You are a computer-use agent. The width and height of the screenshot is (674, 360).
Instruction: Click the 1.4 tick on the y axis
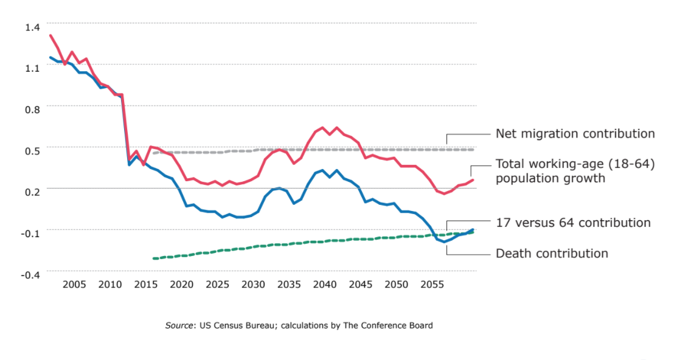coord(32,27)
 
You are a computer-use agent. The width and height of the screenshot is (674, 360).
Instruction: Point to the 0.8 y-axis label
coord(32,109)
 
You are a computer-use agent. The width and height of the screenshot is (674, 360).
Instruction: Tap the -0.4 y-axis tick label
coord(31,275)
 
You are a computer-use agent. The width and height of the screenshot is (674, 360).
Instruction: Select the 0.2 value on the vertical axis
coord(32,192)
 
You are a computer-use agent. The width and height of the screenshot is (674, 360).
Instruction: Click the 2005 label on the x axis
coord(74,285)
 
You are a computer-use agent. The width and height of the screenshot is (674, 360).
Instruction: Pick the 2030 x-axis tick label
coord(253,285)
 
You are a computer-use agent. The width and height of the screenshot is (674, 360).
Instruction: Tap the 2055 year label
coord(432,285)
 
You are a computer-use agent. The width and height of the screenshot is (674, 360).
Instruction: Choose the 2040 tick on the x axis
coord(325,285)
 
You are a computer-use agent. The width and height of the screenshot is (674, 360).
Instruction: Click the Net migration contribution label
coord(575,134)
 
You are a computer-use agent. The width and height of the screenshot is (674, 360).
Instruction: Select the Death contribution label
coord(552,254)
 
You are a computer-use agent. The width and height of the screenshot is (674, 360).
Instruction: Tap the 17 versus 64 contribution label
coord(573,223)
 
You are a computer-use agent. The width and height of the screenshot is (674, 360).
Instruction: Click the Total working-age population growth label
coord(575,171)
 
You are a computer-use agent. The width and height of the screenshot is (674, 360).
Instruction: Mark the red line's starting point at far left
coord(50,35)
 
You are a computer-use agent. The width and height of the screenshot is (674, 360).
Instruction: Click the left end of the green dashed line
coord(153,258)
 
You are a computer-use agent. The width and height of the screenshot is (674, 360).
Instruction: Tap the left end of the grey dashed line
coord(153,153)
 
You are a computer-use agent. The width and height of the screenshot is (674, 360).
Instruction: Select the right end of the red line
coord(473,179)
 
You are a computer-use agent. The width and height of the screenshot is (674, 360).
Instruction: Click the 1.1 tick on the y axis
coord(32,69)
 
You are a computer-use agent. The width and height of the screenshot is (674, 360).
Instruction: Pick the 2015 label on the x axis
coord(145,285)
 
